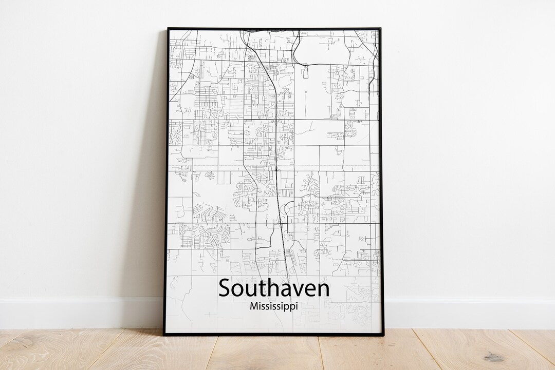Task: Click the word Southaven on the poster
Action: (x=274, y=288)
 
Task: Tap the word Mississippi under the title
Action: (x=274, y=306)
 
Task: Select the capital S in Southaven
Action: (x=225, y=288)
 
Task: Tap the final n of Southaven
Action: (x=323, y=289)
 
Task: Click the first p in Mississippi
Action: (x=286, y=307)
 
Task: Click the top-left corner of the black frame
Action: (x=168, y=29)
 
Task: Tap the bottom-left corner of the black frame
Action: (x=164, y=335)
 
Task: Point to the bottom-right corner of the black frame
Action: (x=383, y=335)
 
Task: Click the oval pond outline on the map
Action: (x=284, y=81)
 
